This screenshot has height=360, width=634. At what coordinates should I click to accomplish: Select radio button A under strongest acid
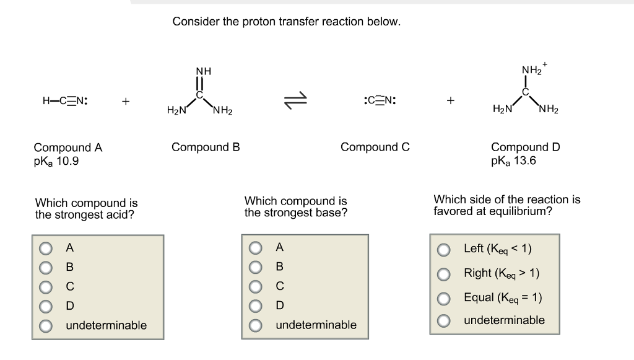pyautogui.click(x=46, y=248)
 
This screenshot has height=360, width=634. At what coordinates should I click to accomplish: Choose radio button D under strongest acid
pyautogui.click(x=46, y=306)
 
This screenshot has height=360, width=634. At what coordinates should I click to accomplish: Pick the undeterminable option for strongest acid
pyautogui.click(x=46, y=325)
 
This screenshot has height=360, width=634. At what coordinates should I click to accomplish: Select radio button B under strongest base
pyautogui.click(x=256, y=268)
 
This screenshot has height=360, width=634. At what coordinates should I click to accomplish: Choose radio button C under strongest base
pyautogui.click(x=256, y=287)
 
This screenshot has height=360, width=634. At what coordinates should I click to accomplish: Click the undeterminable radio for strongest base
pyautogui.click(x=256, y=325)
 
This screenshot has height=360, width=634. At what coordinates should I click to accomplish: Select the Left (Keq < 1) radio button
pyautogui.click(x=443, y=249)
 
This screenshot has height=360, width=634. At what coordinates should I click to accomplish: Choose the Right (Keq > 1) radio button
pyautogui.click(x=443, y=273)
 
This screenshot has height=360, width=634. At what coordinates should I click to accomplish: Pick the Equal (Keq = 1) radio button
pyautogui.click(x=443, y=297)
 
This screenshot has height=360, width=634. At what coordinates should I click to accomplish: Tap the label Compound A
pyautogui.click(x=68, y=148)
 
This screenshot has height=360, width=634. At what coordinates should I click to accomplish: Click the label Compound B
pyautogui.click(x=206, y=147)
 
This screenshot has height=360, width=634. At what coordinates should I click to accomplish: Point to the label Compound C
pyautogui.click(x=375, y=147)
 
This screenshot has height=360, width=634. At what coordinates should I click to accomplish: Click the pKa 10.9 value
pyautogui.click(x=56, y=162)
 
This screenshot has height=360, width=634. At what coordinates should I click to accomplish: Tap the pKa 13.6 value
pyautogui.click(x=513, y=161)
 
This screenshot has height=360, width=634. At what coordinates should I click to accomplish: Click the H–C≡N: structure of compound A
pyautogui.click(x=64, y=100)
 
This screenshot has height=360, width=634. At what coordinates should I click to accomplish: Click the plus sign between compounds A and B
pyautogui.click(x=126, y=101)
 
